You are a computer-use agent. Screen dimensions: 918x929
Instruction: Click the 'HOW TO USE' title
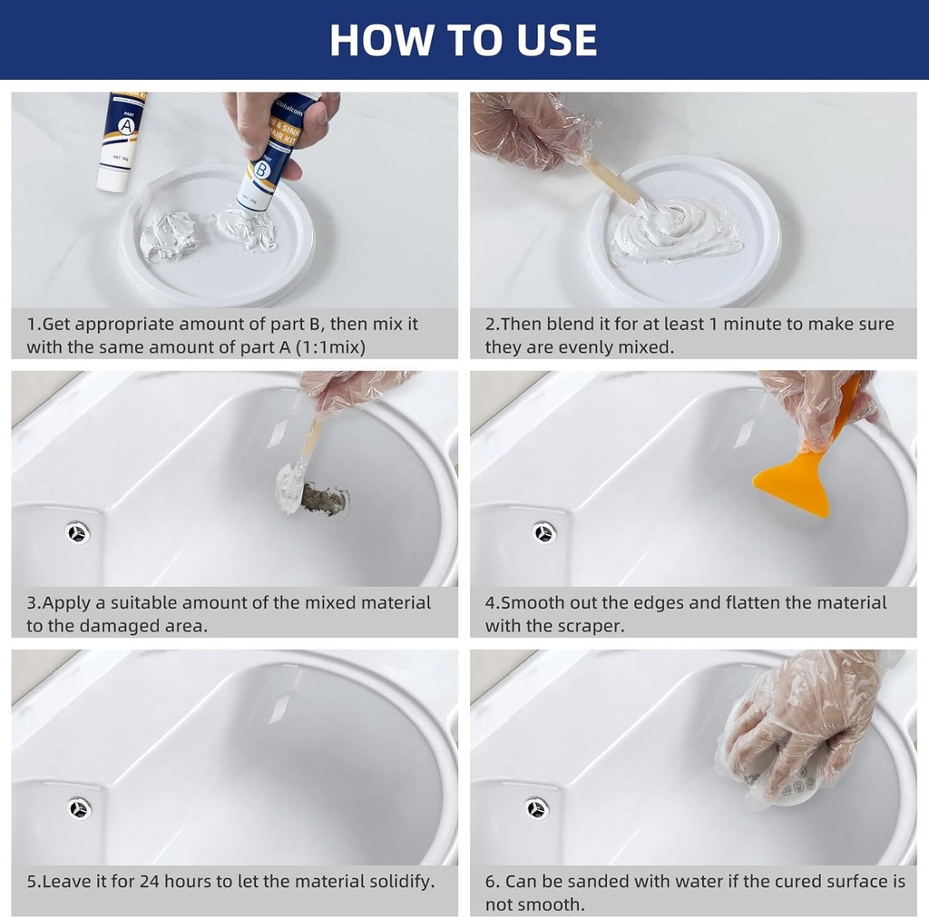coord(464,40)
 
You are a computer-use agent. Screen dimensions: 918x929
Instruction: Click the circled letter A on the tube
coord(127,127)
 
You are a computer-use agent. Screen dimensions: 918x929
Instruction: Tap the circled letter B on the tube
coord(262,170)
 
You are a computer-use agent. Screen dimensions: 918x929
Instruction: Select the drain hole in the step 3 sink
coord(78,532)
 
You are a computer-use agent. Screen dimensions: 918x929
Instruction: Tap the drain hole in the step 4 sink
coord(544,532)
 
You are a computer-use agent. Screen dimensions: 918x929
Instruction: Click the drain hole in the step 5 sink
coord(79,807)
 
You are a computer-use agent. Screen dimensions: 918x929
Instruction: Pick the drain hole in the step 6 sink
coord(537,807)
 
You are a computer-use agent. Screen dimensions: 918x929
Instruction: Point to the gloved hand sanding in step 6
coord(798,726)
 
